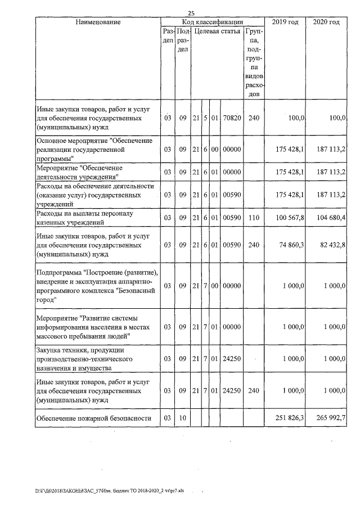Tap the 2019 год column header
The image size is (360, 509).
(x=285, y=22)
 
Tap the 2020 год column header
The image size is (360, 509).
(x=326, y=22)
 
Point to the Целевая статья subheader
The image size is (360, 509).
(x=217, y=31)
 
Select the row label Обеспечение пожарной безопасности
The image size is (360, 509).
(x=94, y=418)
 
